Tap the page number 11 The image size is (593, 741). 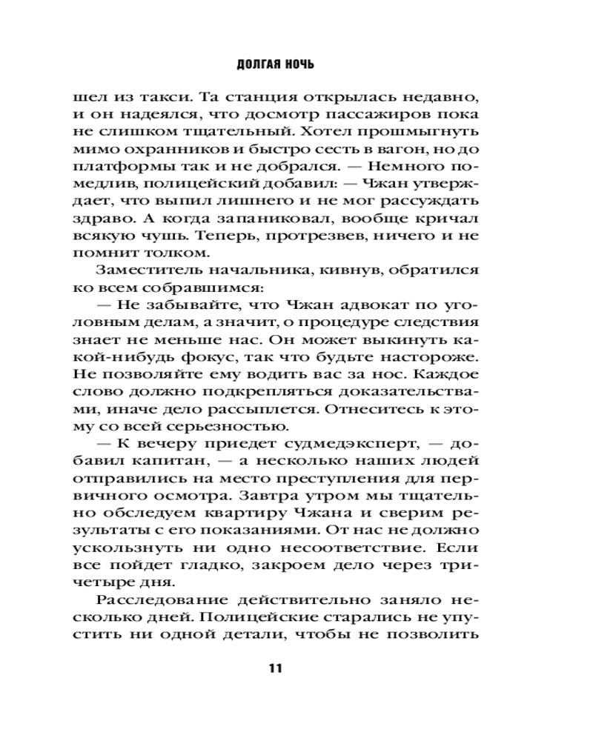(x=276, y=668)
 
